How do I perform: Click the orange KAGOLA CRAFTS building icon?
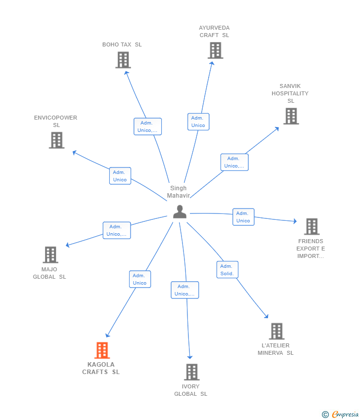[x=102, y=350]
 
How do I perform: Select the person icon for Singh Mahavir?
[x=180, y=211]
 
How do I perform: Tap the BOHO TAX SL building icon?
[x=123, y=60]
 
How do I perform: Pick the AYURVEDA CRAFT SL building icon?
[x=215, y=50]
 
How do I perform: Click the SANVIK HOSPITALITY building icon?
[x=291, y=116]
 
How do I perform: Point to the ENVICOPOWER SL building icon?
[x=56, y=140]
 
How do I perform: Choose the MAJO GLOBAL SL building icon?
[x=50, y=255]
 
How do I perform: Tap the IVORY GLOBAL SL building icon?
[x=192, y=372]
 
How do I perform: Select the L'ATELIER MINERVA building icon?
[x=276, y=331]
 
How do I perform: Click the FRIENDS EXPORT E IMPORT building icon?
[x=312, y=227]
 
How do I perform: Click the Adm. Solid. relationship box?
[x=227, y=270]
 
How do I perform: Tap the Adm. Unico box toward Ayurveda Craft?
[x=198, y=122]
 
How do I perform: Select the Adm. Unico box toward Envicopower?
[x=120, y=176]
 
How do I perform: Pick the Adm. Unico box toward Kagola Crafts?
[x=140, y=279]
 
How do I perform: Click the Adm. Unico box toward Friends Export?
[x=243, y=217]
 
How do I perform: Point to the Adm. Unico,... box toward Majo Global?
[x=117, y=230]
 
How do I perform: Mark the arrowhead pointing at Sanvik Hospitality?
[x=277, y=129]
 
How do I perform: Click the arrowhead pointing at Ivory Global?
[x=190, y=357]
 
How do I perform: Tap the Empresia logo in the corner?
[x=340, y=415]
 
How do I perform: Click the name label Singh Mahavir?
[x=179, y=192]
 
